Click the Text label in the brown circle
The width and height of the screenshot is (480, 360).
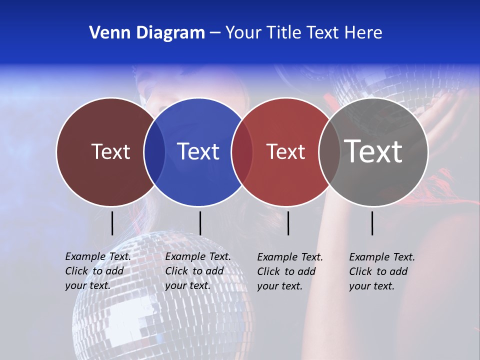(110, 151)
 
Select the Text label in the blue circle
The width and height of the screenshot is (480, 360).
(198, 151)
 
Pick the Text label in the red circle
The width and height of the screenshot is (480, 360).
(285, 151)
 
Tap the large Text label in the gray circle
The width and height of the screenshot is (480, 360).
(373, 151)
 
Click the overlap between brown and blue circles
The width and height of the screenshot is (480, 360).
(154, 152)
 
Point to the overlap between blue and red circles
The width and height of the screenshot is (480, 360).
(242, 152)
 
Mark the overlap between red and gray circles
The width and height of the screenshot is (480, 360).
(329, 152)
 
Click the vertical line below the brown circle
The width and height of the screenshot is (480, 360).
(112, 223)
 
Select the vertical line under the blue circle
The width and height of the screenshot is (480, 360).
(200, 223)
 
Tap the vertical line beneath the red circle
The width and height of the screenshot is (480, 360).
(288, 223)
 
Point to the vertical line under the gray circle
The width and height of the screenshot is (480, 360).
(372, 223)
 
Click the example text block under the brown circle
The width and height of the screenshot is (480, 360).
(97, 271)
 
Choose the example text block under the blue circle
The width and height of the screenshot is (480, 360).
(197, 271)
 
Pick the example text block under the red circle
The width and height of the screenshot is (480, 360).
(289, 271)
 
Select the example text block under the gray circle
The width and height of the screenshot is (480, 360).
(381, 271)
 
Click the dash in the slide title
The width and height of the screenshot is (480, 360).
(214, 33)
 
